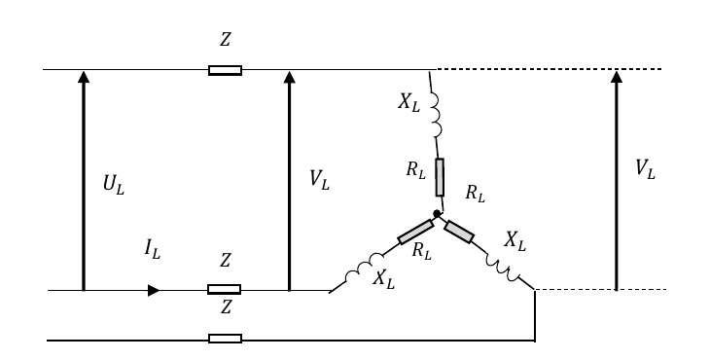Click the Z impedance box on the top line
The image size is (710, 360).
225,70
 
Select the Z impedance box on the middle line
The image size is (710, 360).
224,289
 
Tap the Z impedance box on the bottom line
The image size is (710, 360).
225,339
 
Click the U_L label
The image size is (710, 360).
114,184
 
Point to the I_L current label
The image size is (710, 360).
153,249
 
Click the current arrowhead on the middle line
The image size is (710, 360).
154,290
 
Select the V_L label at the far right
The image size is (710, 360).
645,169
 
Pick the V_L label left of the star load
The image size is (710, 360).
319,180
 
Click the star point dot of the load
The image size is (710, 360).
437,213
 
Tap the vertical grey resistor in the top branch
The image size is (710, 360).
440,177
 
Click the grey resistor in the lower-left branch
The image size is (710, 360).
415,232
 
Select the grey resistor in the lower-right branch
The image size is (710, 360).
459,232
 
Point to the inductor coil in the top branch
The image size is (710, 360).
435,115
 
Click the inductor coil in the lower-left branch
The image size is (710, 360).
364,268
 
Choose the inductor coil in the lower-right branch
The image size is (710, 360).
503,268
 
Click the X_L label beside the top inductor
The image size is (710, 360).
409,103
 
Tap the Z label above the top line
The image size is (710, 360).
225,39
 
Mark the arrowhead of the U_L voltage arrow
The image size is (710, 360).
84,77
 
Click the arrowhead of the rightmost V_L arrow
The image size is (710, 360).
617,77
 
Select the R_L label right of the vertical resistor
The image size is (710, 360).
475,194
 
